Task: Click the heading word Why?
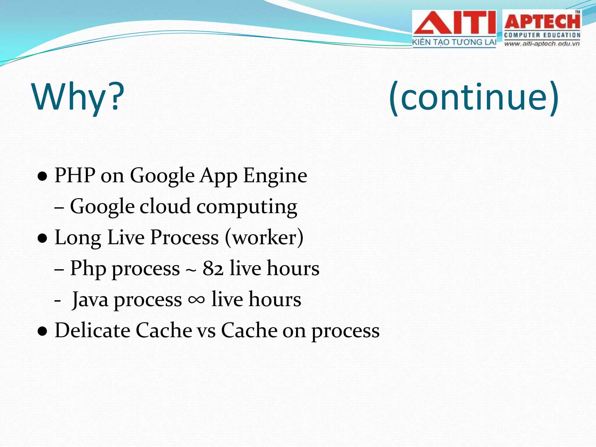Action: (78, 97)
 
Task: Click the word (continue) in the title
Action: (474, 97)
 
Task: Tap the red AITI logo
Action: (454, 23)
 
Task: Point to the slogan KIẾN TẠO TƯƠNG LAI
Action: (454, 42)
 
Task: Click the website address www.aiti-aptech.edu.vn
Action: (542, 44)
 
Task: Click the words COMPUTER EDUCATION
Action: (542, 35)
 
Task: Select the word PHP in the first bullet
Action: (75, 175)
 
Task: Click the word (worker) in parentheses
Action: (264, 237)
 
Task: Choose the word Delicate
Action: (92, 331)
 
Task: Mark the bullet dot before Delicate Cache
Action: (42, 331)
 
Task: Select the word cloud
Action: (165, 207)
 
